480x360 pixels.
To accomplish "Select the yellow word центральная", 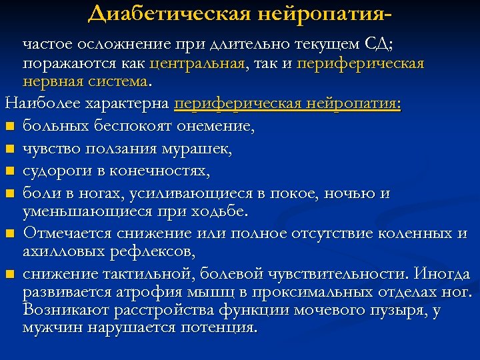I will (x=198, y=63).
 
